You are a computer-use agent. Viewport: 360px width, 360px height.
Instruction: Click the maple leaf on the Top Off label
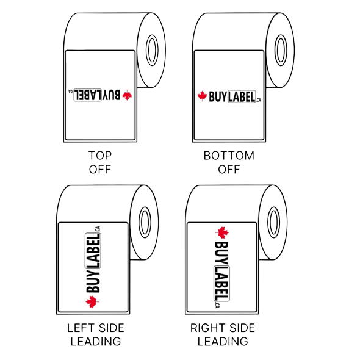pyautogui.click(x=127, y=95)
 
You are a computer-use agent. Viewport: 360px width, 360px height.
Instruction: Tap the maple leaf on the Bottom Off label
pyautogui.click(x=202, y=96)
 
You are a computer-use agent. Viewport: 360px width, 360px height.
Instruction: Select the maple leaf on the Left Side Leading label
pyautogui.click(x=92, y=301)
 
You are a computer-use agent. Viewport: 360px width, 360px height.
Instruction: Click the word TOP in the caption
pyautogui.click(x=100, y=156)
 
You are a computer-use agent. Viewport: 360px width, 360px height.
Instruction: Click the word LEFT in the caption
pyautogui.click(x=81, y=328)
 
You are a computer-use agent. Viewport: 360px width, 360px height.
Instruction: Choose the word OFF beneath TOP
pyautogui.click(x=100, y=169)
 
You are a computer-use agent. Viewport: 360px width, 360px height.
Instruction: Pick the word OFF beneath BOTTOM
pyautogui.click(x=229, y=169)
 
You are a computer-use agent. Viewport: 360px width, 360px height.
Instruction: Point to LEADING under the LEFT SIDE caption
pyautogui.click(x=95, y=341)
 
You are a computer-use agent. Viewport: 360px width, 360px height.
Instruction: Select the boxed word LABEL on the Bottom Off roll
pyautogui.click(x=241, y=96)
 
